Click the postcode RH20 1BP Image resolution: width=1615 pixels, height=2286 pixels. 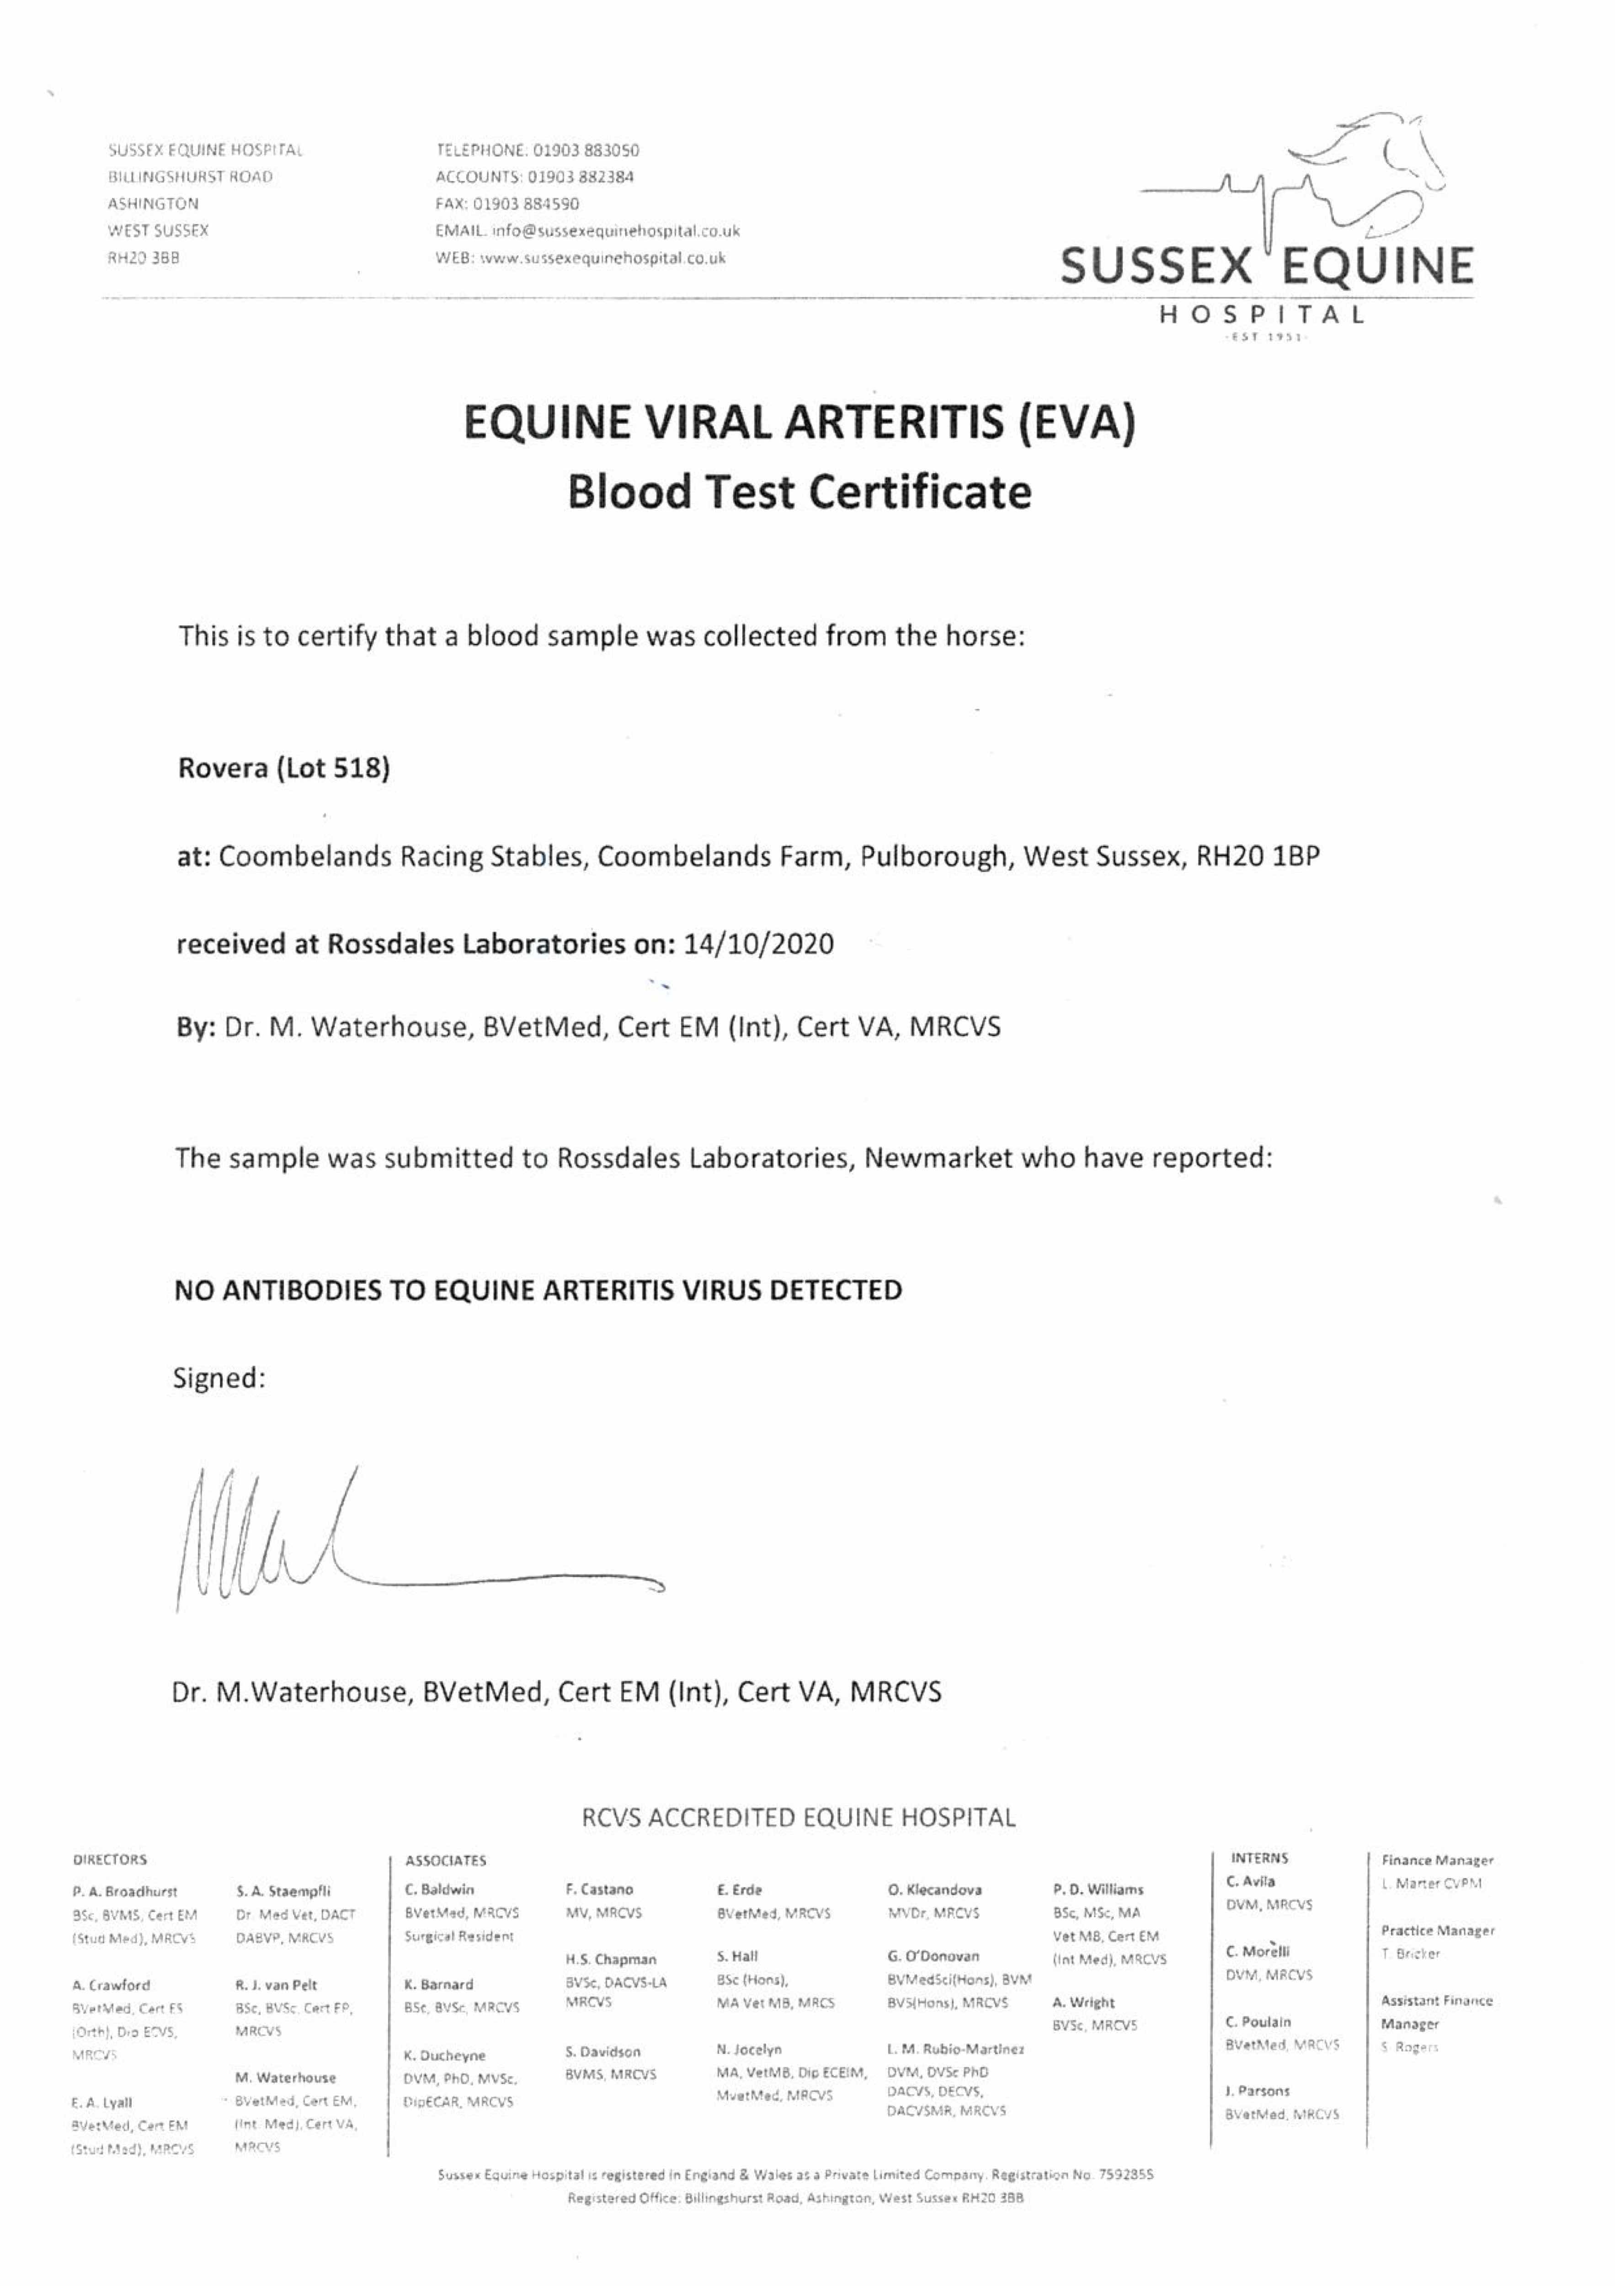pyautogui.click(x=1258, y=856)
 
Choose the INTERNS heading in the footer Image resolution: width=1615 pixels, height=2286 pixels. pyautogui.click(x=1259, y=1858)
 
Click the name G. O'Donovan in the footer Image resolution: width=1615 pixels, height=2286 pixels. pyautogui.click(x=933, y=1956)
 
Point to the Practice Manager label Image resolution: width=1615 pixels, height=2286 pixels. pyautogui.click(x=1437, y=1931)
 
